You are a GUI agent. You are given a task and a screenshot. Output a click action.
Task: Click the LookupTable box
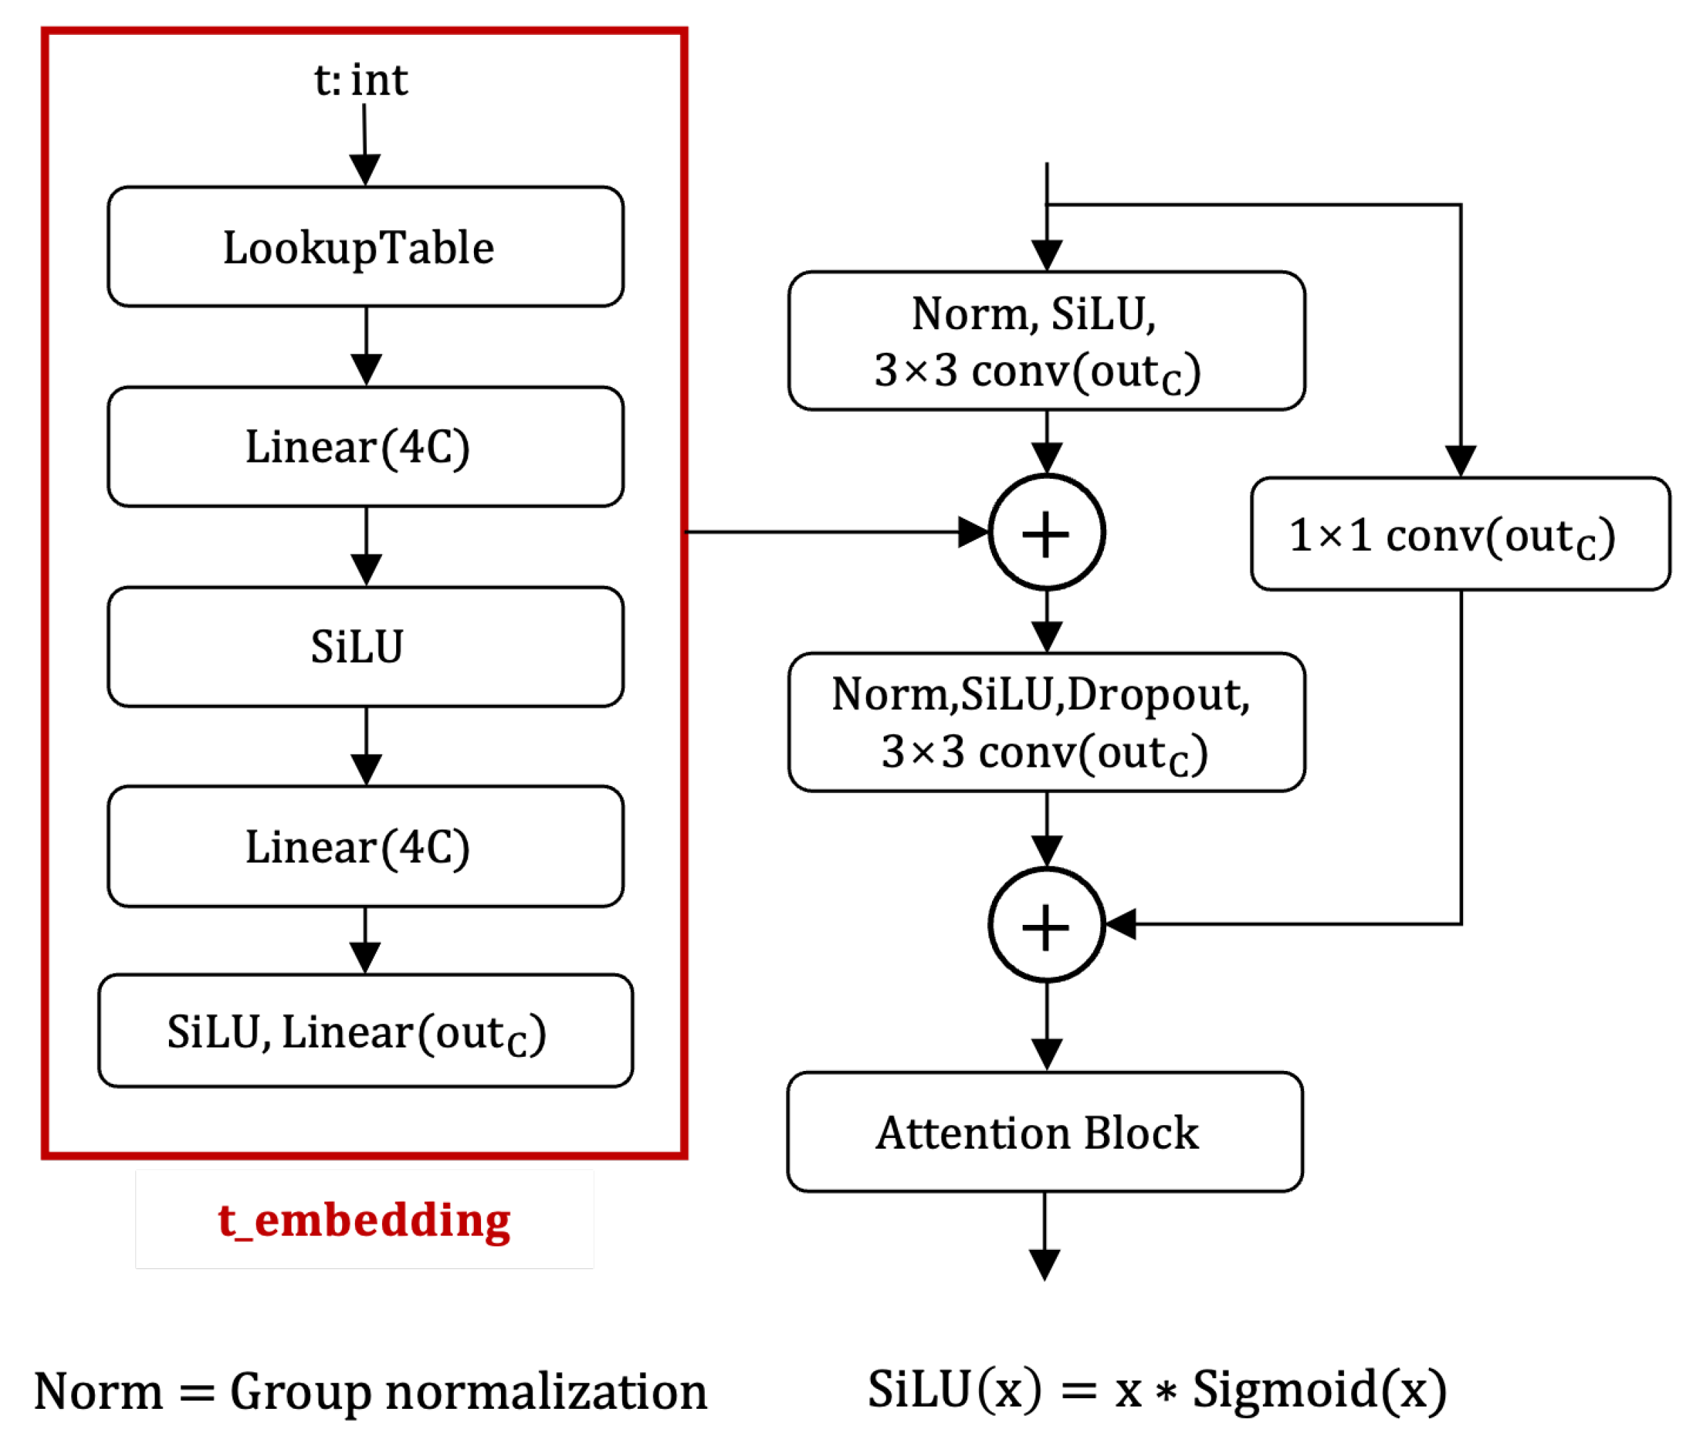click(365, 247)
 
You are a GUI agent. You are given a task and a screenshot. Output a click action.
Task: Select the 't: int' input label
click(361, 81)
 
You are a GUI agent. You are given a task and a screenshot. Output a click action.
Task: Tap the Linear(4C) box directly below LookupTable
click(365, 447)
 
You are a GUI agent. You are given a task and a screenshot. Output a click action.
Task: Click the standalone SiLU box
click(365, 646)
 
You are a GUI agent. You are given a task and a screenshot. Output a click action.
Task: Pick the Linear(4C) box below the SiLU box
click(365, 847)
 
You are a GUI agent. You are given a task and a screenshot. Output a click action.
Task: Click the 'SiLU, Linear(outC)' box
click(365, 1030)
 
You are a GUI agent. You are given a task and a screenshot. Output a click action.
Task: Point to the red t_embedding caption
click(364, 1220)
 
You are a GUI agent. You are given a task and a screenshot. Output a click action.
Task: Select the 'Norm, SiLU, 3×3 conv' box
click(1046, 341)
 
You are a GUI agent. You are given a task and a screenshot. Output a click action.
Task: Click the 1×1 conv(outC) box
click(1459, 534)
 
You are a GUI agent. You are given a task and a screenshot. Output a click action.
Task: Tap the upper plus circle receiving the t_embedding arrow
click(1047, 532)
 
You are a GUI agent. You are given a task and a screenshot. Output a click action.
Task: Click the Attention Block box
click(1044, 1132)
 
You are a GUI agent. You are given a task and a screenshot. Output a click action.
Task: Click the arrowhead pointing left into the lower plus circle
click(1121, 924)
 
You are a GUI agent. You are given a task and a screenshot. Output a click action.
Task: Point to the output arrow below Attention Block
click(1044, 1239)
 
